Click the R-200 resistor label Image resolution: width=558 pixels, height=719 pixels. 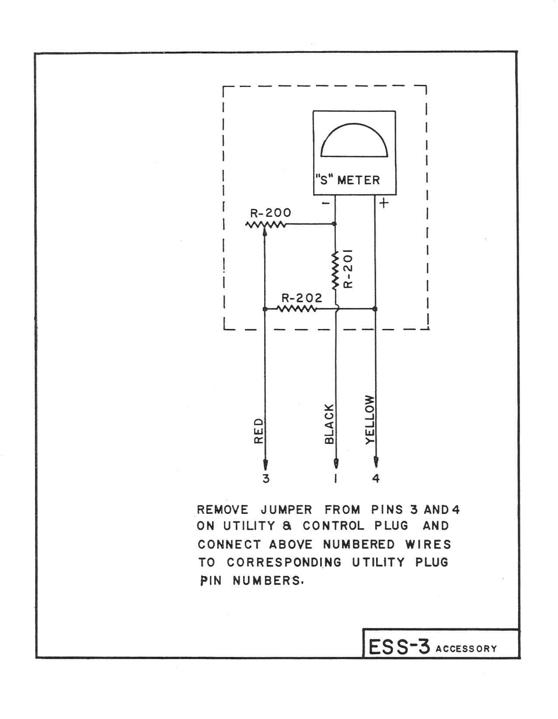pos(270,213)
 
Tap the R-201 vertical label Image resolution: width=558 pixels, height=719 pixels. pos(348,269)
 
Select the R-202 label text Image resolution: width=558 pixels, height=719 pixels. pos(301,298)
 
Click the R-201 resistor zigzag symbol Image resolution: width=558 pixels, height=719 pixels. pos(335,270)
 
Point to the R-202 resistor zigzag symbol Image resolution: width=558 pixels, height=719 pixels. pos(296,309)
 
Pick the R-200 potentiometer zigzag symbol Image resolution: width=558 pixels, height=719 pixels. pos(265,225)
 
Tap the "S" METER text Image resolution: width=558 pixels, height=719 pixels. pos(348,180)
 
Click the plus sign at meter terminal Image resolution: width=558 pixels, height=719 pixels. pos(384,203)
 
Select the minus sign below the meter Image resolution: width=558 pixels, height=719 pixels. pos(326,202)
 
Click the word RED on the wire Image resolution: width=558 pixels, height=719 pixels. pos(258,431)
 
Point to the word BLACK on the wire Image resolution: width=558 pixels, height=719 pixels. pos(329,424)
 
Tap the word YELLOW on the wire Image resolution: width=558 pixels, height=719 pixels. pos(370,420)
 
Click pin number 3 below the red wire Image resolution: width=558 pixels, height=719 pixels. pos(266,478)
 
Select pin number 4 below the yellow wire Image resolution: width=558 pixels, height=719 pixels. pos(376,478)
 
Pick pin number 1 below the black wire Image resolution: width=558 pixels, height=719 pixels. pos(336,478)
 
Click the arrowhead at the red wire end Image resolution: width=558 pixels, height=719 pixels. pos(265,464)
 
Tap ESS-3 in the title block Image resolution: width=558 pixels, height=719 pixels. pos(399,647)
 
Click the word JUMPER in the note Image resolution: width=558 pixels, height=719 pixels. pos(286,510)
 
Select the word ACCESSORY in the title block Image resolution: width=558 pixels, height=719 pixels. pos(466,649)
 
